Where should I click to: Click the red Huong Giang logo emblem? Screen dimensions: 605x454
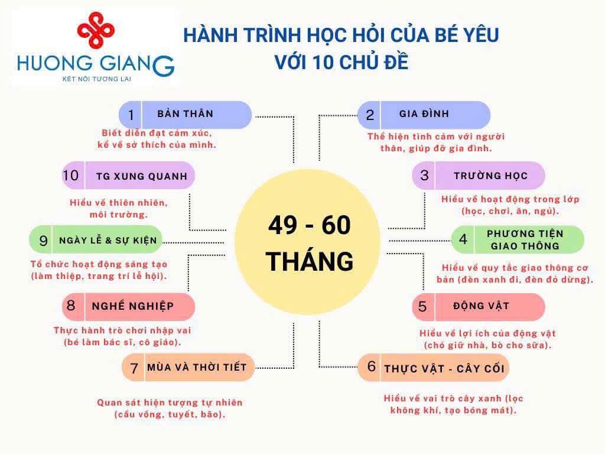96,30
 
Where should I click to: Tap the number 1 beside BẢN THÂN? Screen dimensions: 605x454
131,115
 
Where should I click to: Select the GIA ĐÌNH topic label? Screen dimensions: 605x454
424,113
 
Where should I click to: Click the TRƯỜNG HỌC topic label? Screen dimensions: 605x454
490,176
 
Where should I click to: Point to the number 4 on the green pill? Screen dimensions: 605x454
463,239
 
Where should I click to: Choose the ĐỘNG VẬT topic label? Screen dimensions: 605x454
481,306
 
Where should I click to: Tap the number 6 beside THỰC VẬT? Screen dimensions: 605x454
372,366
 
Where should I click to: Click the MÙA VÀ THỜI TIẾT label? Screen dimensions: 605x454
197,367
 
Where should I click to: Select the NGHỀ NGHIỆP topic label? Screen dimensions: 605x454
133,306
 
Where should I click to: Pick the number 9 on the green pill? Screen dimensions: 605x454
43,241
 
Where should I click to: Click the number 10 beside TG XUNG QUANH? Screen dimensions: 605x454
71,175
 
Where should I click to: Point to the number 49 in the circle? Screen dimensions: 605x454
283,225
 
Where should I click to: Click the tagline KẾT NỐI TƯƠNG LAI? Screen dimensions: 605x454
97,79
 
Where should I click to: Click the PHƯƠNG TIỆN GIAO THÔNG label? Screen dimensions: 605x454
525,239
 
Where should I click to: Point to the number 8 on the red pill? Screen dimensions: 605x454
71,306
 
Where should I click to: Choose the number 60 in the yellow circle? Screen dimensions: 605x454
336,225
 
